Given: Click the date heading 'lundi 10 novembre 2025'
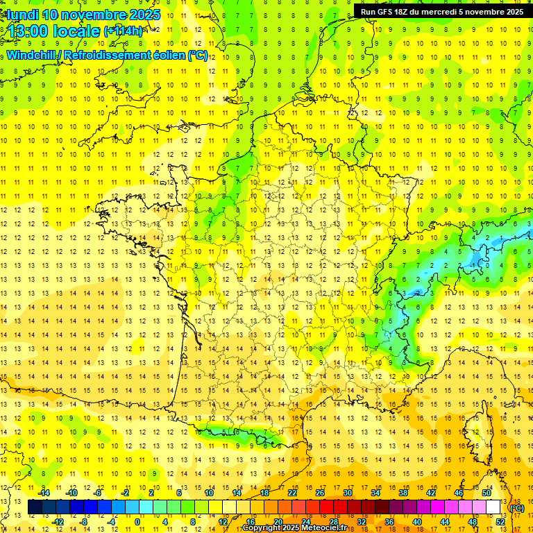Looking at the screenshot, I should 82,15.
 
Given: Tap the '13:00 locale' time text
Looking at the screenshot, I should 52,31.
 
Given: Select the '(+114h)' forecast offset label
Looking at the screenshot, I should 123,31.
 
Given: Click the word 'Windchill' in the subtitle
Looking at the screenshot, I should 29,55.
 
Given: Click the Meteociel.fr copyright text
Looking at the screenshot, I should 294,528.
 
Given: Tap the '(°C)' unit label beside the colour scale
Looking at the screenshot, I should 516,508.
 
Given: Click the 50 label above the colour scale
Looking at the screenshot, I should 487,493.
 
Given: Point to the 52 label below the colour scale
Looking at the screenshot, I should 500,522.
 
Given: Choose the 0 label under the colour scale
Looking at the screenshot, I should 138,522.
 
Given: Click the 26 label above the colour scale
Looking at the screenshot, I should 320,493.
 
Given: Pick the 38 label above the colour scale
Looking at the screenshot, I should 403,493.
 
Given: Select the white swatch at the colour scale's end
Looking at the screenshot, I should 493,507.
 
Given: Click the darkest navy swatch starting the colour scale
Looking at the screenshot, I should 35,507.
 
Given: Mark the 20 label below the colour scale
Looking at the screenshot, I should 278,522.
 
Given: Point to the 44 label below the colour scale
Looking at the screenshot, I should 445,522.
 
